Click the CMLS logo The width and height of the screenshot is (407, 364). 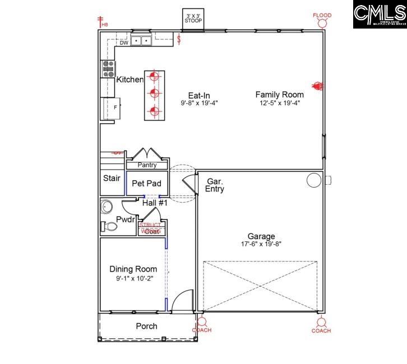(380, 15)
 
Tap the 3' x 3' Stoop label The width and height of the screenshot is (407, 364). (193, 18)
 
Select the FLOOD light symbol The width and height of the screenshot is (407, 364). (322, 22)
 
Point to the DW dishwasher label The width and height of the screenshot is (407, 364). (124, 43)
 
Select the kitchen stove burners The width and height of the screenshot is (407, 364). (108, 69)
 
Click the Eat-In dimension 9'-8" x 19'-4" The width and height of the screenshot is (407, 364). (199, 103)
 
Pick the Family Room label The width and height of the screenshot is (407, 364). (280, 95)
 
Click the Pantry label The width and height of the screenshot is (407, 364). (147, 165)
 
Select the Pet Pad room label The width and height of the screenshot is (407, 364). (146, 183)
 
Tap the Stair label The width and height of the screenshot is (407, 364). (112, 179)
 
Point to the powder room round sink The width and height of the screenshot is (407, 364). (107, 208)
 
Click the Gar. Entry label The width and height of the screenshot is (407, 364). (215, 185)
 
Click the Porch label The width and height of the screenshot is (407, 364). (147, 326)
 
